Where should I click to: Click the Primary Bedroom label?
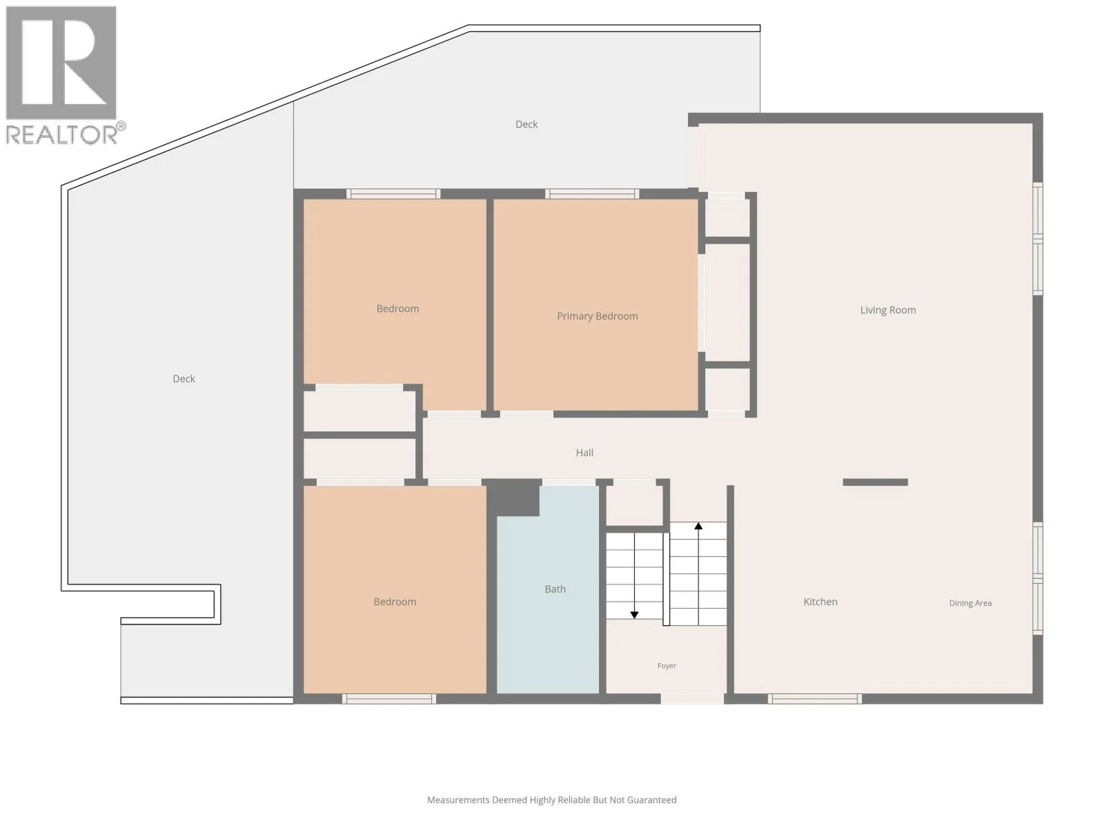click(597, 316)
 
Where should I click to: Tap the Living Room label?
click(888, 310)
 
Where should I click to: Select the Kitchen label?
click(820, 602)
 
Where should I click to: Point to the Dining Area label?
click(970, 603)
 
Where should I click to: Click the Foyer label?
click(667, 666)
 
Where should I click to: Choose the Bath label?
click(555, 589)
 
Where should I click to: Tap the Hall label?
click(584, 453)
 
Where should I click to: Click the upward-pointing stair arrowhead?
click(698, 526)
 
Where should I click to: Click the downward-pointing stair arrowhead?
click(634, 615)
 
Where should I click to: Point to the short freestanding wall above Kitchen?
click(875, 482)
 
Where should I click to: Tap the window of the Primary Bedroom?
click(592, 194)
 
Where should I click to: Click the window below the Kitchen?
click(815, 699)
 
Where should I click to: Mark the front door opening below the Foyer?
click(692, 699)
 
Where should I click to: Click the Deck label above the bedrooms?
click(526, 125)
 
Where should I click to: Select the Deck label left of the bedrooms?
click(184, 379)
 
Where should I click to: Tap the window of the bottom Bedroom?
click(389, 699)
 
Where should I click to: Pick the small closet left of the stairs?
click(634, 505)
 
